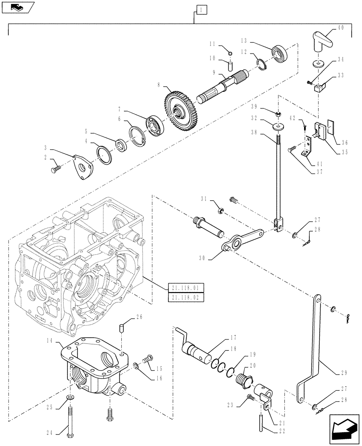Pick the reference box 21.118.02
[x=183, y=297]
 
